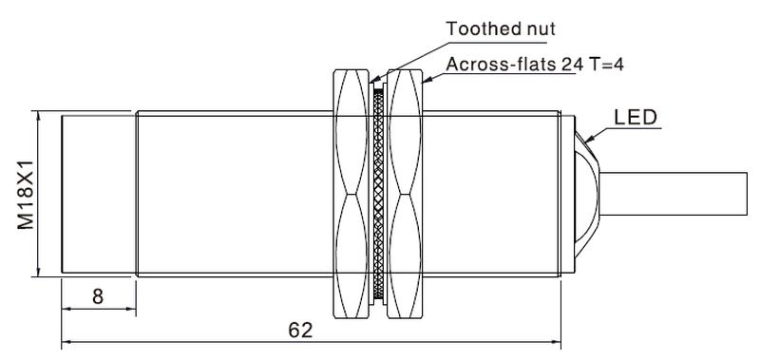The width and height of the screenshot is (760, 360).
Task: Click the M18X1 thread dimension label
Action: (26, 195)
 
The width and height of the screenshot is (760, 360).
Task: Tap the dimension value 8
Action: (98, 296)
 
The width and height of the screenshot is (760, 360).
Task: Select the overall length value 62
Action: (300, 330)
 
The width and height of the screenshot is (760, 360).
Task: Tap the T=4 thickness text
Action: (606, 64)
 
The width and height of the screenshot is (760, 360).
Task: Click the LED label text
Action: (636, 117)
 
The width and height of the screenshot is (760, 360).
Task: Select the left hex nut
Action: (351, 194)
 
